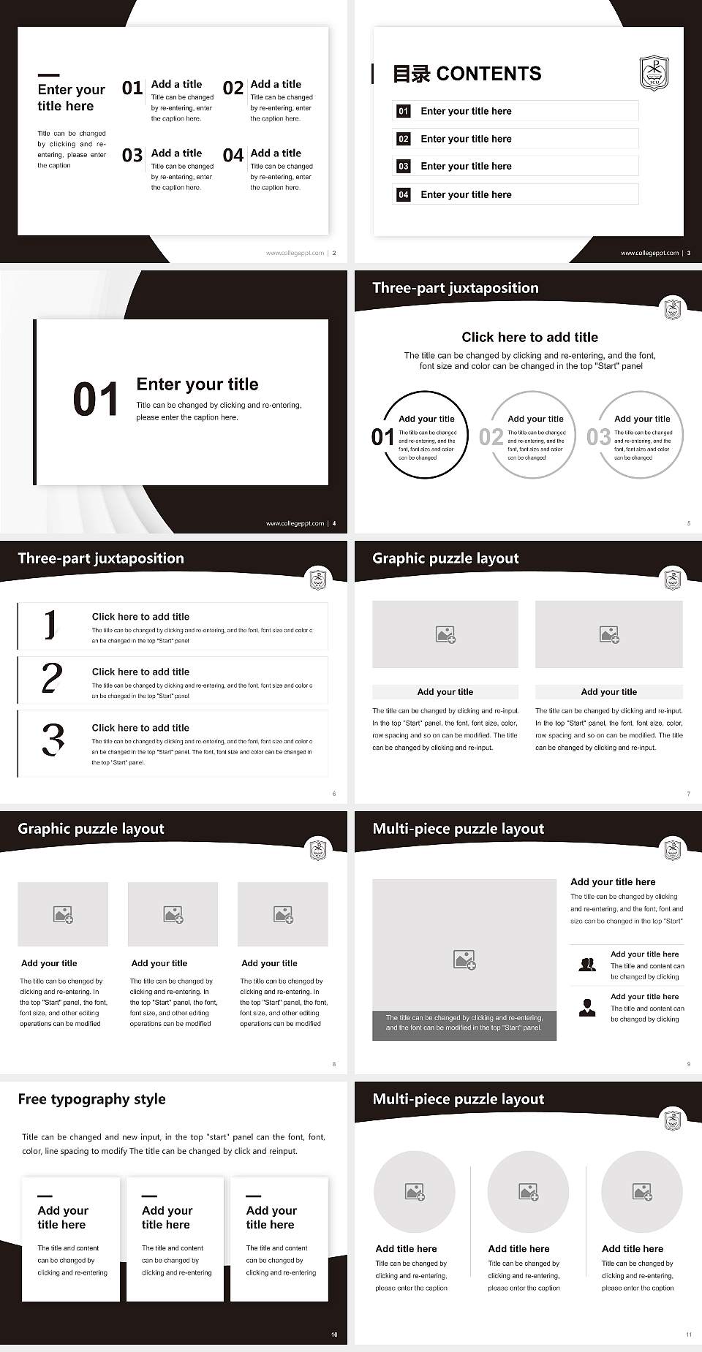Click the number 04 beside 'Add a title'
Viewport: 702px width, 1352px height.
coord(233,156)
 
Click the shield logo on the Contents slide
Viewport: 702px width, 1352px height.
coord(653,73)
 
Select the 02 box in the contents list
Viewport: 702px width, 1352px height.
coord(403,139)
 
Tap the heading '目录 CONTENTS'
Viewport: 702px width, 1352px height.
coord(467,74)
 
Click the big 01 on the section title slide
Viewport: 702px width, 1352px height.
coord(95,400)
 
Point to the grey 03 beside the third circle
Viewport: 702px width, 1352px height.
coord(598,437)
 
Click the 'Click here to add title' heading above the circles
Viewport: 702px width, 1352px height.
coord(529,337)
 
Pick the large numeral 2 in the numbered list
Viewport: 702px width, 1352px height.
coord(52,678)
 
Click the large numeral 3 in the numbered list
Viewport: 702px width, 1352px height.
coord(53,739)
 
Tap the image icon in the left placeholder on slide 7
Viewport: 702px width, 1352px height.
coord(445,634)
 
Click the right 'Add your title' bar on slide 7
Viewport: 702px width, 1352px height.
coord(608,692)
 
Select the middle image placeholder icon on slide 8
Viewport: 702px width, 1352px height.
coord(173,914)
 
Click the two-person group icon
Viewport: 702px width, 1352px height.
coord(586,965)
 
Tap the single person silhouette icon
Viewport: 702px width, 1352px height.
coord(586,1008)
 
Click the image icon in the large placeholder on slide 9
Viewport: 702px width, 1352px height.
coord(464,960)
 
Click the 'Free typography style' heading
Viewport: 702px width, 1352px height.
coord(91,1099)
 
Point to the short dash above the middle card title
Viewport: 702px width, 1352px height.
coord(149,1196)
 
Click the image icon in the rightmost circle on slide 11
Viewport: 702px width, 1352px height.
coord(641,1192)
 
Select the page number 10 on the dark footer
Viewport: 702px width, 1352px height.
coord(334,1334)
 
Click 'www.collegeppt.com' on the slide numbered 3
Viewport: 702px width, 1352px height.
coord(649,253)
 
